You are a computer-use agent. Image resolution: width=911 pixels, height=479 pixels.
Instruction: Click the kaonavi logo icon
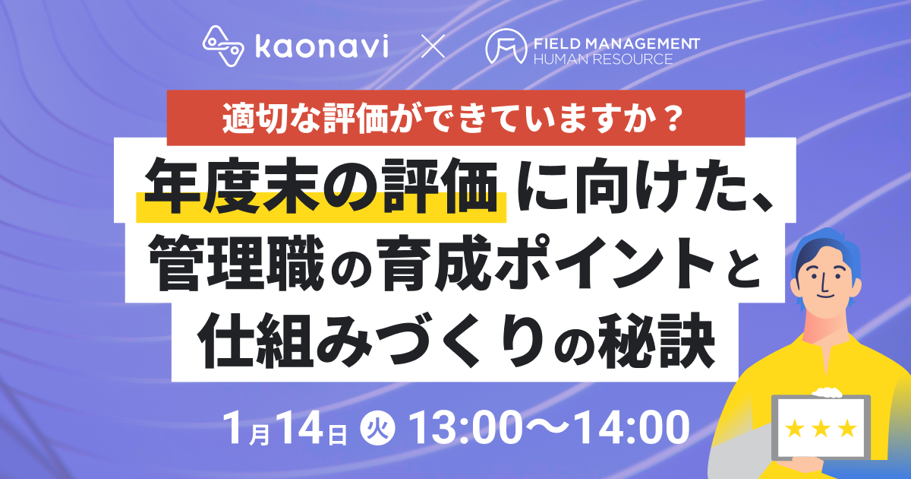pos(223,46)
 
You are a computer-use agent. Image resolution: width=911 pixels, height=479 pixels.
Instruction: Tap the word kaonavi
pos(322,46)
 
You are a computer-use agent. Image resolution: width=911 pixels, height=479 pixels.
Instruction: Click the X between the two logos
pos(433,46)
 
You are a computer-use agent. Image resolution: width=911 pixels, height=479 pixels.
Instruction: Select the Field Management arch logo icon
pos(506,46)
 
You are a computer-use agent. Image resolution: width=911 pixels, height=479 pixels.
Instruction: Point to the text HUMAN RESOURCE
pos(603,59)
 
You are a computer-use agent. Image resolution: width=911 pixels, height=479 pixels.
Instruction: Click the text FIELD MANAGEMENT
pos(616,43)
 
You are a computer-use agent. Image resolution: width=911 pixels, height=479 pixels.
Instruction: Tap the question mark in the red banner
pos(670,119)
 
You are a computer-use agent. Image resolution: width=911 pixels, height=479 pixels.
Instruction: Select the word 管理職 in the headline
pos(236,263)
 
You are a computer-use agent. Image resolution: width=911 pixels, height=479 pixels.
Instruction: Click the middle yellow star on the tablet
pos(821,428)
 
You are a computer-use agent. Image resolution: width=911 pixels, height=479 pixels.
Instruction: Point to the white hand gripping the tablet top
pos(827,392)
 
